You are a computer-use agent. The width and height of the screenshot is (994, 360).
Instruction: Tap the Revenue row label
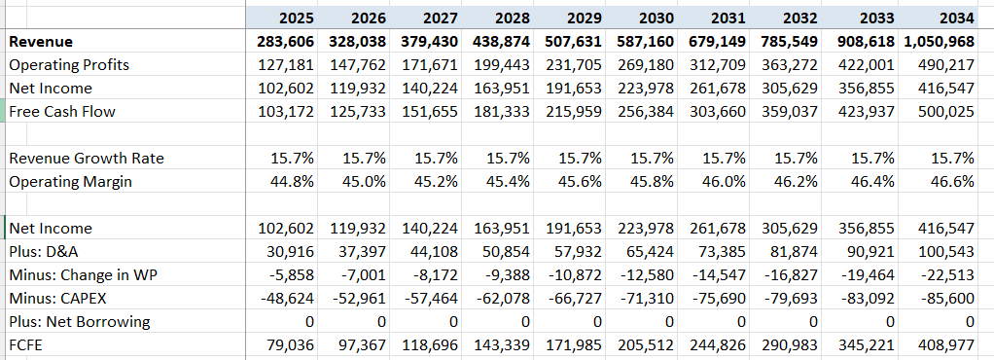tap(41, 42)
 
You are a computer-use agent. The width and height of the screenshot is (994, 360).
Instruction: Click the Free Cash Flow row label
tap(62, 111)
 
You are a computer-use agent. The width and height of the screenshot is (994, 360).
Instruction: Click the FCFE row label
tap(29, 344)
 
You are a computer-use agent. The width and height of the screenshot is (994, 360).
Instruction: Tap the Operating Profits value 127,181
tap(285, 65)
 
